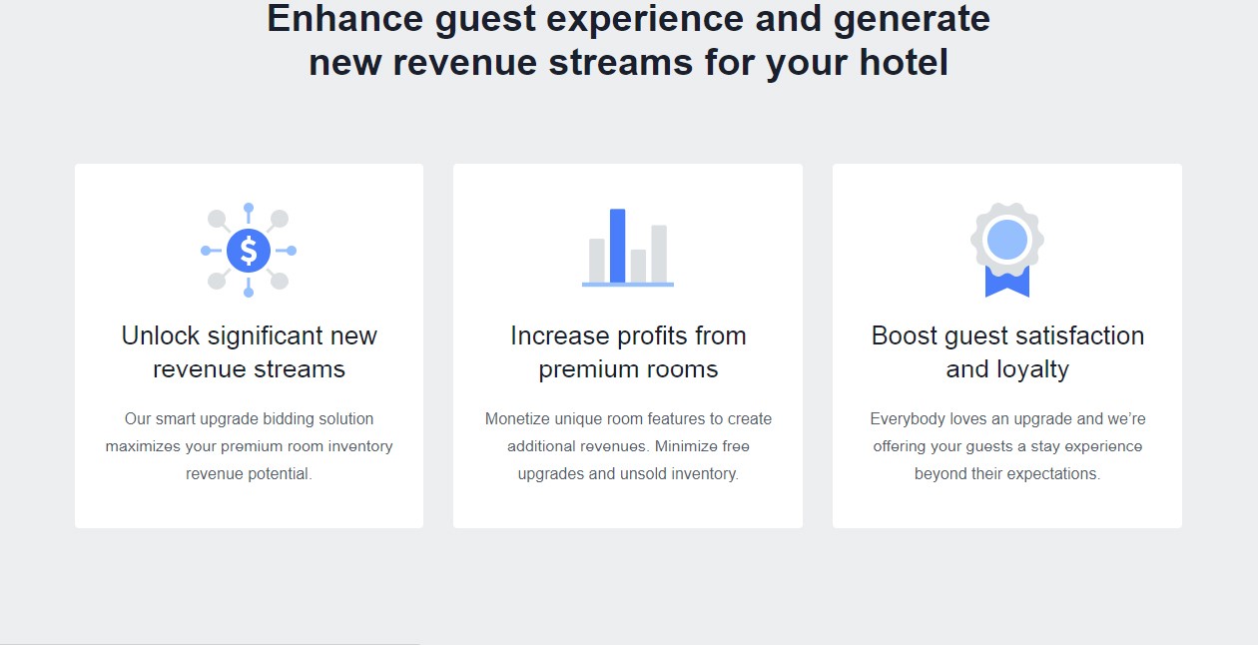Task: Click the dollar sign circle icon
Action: click(249, 251)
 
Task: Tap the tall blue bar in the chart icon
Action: click(617, 246)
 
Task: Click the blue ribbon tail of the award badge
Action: click(1007, 281)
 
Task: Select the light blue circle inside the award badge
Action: click(1007, 240)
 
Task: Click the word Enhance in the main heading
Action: click(344, 19)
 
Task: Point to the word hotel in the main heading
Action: click(904, 62)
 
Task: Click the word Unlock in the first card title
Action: click(161, 336)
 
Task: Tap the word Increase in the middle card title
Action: click(560, 336)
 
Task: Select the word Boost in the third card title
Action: click(905, 336)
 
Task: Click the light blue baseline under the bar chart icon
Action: click(628, 285)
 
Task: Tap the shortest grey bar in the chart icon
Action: click(638, 266)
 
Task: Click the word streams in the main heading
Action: click(621, 62)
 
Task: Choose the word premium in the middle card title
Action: click(586, 370)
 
